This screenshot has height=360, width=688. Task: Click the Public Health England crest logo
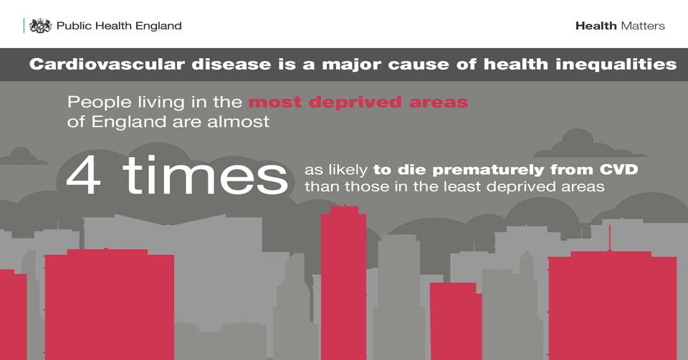[40, 26]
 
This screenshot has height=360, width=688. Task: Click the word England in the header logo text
[158, 26]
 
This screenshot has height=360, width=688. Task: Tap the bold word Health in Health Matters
[596, 26]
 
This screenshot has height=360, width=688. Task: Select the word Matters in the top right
[643, 26]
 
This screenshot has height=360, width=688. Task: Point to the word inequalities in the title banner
[616, 65]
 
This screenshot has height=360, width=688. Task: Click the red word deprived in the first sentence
[355, 103]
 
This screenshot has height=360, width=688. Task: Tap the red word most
[275, 103]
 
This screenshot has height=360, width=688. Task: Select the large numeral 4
[84, 176]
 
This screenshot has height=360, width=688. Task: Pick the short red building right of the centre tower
[456, 321]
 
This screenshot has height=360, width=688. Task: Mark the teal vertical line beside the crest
[24, 26]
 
